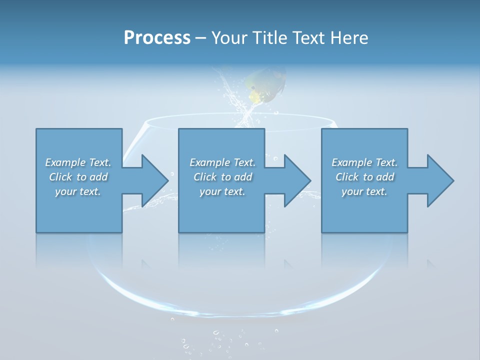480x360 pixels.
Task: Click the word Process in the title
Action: point(157,38)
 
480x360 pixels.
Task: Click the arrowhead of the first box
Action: point(155,180)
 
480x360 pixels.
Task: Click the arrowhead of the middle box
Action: point(297,180)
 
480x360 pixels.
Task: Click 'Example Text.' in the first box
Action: point(78,162)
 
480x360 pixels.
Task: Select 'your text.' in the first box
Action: point(78,191)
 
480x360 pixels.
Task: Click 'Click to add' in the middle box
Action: point(222,177)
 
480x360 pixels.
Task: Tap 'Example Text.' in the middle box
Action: point(222,162)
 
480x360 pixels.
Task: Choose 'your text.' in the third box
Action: point(364,191)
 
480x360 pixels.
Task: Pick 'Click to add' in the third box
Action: point(364,177)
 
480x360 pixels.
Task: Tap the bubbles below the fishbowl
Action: point(220,340)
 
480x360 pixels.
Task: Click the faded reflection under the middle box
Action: point(221,250)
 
